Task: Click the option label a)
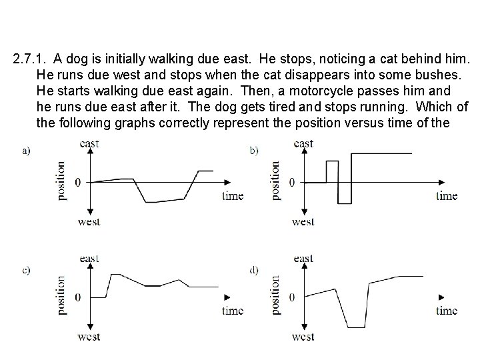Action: [27, 151]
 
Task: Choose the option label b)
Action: [254, 151]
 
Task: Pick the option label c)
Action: [27, 269]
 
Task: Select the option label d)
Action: [254, 269]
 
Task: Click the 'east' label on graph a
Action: [89, 143]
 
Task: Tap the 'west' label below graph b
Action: [303, 221]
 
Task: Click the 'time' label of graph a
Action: [233, 196]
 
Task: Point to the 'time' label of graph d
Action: [447, 311]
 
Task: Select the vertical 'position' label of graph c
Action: [61, 295]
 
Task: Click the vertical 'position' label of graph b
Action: [275, 180]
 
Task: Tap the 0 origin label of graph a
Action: [78, 182]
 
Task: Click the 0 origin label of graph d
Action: [292, 297]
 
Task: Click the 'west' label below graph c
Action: [89, 337]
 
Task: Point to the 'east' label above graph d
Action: [303, 259]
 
